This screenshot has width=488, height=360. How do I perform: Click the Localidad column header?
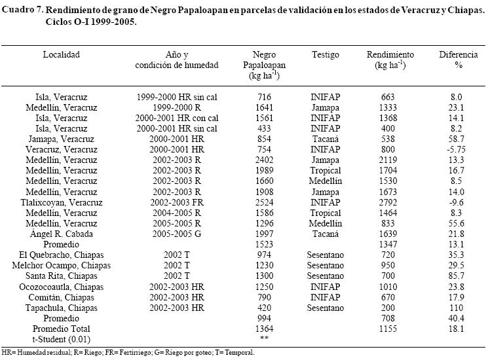(x=61, y=55)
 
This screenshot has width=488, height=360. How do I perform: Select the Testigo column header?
(x=326, y=55)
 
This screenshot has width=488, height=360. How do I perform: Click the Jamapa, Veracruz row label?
(x=61, y=139)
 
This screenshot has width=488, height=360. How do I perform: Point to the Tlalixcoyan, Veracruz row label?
(x=61, y=202)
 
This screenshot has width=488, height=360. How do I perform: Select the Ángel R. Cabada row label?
(x=61, y=234)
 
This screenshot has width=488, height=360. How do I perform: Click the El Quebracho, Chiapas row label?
(x=61, y=255)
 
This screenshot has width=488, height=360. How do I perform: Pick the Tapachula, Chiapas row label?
(x=61, y=307)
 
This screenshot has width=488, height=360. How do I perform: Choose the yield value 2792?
(x=388, y=202)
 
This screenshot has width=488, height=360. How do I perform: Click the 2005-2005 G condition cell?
(x=177, y=234)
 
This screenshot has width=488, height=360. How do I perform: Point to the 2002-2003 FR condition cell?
(x=177, y=202)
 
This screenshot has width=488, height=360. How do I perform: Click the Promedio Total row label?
(x=61, y=329)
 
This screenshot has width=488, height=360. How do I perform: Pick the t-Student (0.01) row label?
(x=61, y=339)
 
